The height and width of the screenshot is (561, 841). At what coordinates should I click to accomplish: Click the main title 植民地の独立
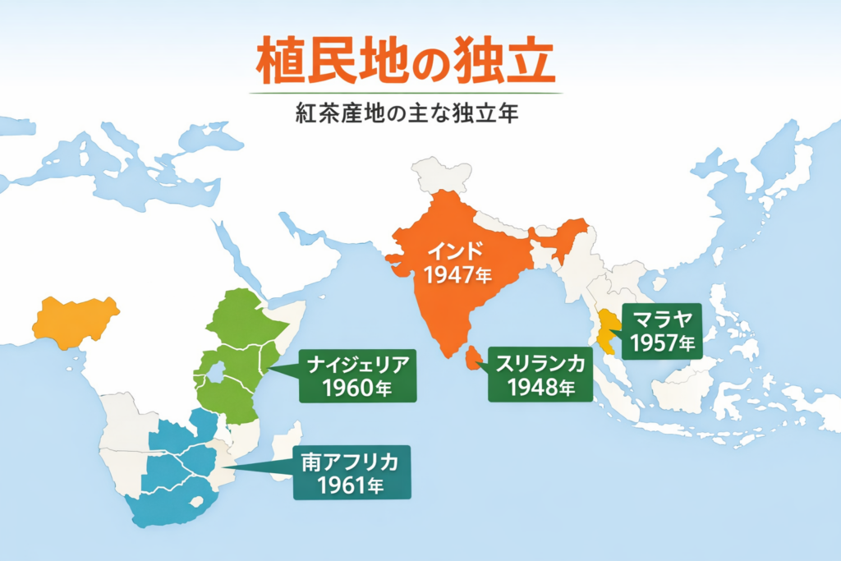click(x=405, y=62)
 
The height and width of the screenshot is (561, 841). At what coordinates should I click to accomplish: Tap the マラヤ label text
click(x=660, y=319)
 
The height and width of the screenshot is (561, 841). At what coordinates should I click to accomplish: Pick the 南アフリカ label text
click(x=350, y=462)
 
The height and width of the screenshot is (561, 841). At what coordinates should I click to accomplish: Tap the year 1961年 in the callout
click(x=351, y=486)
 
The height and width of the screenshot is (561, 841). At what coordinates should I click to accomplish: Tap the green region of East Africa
click(x=238, y=353)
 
